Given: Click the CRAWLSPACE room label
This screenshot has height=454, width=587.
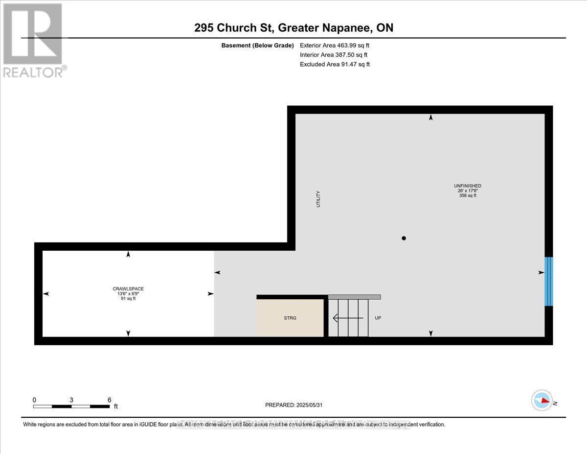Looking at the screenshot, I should click(x=128, y=288).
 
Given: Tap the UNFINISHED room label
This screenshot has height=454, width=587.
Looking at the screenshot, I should click(x=467, y=186).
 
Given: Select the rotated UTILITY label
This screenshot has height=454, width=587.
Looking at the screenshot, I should click(x=318, y=199).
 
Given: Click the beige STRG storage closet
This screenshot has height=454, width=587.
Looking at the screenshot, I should click(x=290, y=318).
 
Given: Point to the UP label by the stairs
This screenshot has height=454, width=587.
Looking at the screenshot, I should click(x=378, y=318).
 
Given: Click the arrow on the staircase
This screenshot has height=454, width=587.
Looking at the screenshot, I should click(x=348, y=318).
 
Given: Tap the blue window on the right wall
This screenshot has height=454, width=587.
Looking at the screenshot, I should click(x=548, y=281).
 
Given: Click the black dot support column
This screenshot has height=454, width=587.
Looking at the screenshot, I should click(x=404, y=239).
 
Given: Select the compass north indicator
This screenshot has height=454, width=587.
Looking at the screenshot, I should click(x=542, y=400).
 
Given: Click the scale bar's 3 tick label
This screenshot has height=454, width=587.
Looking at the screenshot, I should click(x=71, y=400).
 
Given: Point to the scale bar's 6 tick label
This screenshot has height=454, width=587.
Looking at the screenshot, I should click(x=109, y=400).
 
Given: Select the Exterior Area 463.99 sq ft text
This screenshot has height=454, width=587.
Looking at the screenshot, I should click(x=335, y=46).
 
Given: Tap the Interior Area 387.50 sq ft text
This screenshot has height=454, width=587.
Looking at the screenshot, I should click(x=333, y=55).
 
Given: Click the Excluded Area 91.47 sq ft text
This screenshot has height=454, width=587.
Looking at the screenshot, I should click(x=335, y=64).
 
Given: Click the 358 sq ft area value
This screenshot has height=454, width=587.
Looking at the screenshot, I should click(x=467, y=195).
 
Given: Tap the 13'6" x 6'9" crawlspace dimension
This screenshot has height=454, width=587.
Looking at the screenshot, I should click(x=128, y=293).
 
